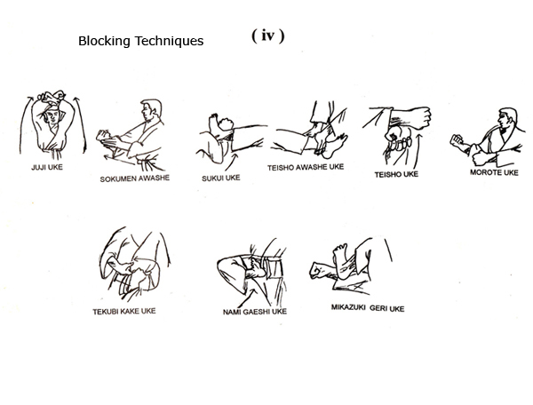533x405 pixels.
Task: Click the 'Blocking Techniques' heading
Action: [140, 41]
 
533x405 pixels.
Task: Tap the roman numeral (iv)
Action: [268, 36]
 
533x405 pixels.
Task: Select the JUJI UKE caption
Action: [47, 167]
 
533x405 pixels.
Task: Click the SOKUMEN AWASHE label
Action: [135, 179]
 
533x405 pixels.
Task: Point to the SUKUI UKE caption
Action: [221, 178]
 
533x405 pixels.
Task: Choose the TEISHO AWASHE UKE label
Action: [306, 167]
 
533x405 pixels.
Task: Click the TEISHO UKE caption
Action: [396, 175]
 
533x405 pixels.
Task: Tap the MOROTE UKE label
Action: [494, 172]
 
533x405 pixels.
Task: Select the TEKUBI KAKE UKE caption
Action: [124, 311]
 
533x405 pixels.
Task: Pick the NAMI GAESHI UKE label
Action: [255, 312]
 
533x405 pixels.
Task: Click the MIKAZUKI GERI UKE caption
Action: [368, 308]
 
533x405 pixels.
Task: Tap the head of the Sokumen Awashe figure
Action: [151, 109]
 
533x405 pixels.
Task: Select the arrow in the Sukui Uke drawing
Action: [232, 162]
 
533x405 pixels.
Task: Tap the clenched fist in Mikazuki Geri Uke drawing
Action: [319, 271]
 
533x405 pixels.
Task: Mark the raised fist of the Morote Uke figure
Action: [457, 140]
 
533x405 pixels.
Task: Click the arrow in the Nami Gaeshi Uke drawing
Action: [248, 298]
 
